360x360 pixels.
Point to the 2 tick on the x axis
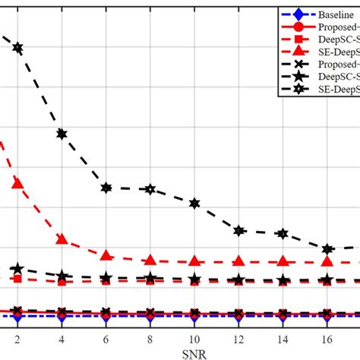click(17, 338)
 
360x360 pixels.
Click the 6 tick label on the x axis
click(106, 338)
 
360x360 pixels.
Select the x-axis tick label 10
click(194, 338)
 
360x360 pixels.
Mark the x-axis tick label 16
click(327, 338)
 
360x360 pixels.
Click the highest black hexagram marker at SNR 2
click(17, 48)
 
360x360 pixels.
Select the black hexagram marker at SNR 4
click(62, 134)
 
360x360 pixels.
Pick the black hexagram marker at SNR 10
click(194, 204)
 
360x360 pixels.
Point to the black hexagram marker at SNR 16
click(327, 249)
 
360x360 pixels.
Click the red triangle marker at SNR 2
click(17, 183)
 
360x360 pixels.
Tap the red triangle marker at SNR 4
click(62, 239)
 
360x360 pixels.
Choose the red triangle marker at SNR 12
click(238, 261)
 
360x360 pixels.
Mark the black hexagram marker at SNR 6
click(106, 188)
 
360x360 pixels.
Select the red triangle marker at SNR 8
click(150, 260)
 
